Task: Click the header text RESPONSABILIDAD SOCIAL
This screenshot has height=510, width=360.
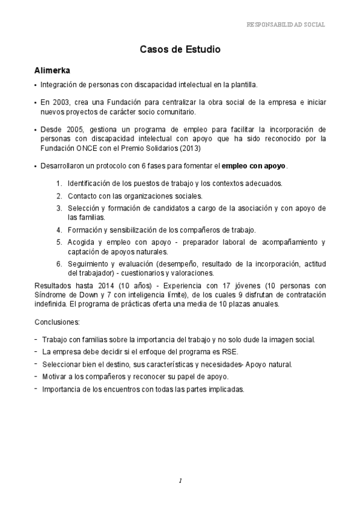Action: (x=285, y=25)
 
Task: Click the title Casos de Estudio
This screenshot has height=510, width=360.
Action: (x=180, y=50)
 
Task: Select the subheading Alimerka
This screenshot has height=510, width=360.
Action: (x=52, y=71)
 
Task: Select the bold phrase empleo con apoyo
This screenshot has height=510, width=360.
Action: (x=254, y=165)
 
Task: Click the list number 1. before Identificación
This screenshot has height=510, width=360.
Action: (x=59, y=183)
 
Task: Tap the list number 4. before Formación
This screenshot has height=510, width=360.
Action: (x=59, y=230)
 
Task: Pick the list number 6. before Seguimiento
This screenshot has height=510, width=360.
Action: (x=59, y=263)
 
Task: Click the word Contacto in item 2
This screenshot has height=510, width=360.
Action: (x=82, y=195)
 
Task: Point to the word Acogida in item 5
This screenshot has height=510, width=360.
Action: (x=82, y=242)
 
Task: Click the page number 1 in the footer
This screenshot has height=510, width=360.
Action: (x=180, y=481)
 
